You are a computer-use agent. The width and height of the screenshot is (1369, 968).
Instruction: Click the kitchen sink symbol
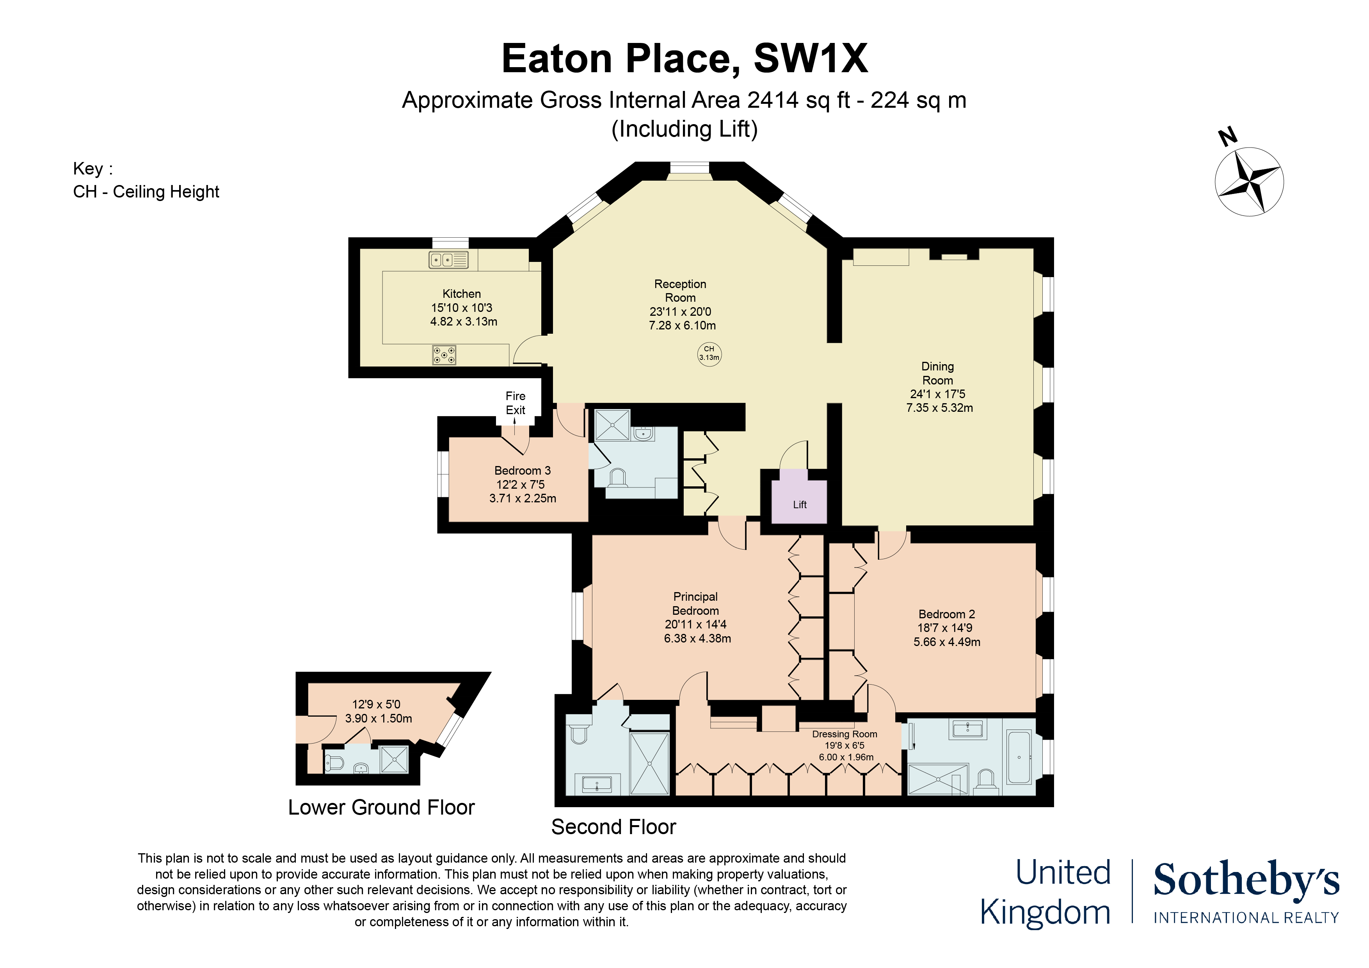tap(448, 260)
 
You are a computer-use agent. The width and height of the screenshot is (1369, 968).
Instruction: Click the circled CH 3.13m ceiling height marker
tap(709, 354)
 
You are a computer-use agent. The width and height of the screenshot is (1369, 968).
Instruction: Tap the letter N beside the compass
tap(1228, 137)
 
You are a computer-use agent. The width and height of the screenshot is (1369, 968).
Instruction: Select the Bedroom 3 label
tap(522, 471)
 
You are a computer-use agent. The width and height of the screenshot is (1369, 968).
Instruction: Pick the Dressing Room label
tap(844, 734)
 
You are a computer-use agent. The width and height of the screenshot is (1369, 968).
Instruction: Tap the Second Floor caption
tap(613, 827)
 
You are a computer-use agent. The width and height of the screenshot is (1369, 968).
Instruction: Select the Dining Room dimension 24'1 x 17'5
tap(937, 394)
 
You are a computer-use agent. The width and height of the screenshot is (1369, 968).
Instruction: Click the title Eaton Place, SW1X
tap(684, 59)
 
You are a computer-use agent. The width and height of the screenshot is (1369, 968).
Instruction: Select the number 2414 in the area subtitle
tap(773, 100)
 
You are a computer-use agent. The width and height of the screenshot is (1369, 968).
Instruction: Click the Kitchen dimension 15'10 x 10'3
tap(462, 308)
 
